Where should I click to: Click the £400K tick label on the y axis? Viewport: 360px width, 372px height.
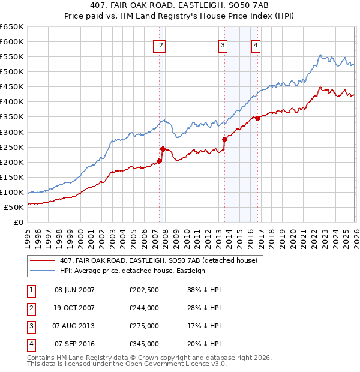[12, 101]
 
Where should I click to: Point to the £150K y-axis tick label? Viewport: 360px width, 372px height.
[12, 177]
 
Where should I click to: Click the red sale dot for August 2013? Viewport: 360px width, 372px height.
[224, 139]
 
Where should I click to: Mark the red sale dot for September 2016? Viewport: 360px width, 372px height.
[257, 118]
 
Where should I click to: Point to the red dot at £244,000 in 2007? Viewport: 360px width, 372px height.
[163, 148]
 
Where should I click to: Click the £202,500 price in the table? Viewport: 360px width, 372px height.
[143, 289]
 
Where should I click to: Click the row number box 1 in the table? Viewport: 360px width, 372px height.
[30, 289]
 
